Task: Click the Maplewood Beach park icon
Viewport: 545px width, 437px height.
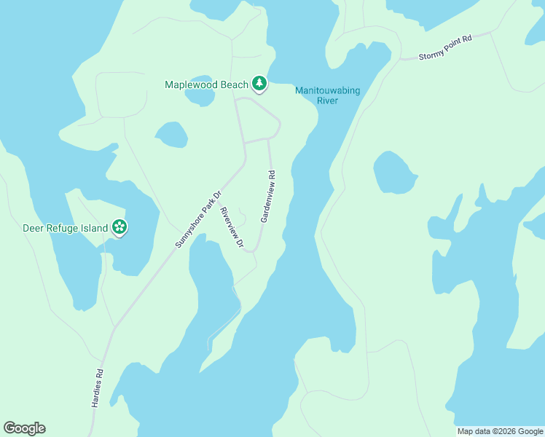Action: (x=259, y=84)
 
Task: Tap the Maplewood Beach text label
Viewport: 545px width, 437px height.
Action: (x=207, y=84)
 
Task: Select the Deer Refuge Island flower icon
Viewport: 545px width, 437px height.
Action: (x=119, y=228)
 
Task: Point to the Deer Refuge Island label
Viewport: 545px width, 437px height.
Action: (x=66, y=228)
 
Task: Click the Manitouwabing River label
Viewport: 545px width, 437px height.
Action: (x=327, y=95)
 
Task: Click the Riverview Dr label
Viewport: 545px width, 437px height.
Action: (x=232, y=228)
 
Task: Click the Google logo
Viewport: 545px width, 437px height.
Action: (x=24, y=428)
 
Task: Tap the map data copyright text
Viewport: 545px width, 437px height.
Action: (x=500, y=431)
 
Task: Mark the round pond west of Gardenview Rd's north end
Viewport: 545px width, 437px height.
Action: (x=170, y=135)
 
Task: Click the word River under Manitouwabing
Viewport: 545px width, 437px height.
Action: (x=327, y=101)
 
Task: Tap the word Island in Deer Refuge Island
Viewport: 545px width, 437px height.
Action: (x=93, y=228)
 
